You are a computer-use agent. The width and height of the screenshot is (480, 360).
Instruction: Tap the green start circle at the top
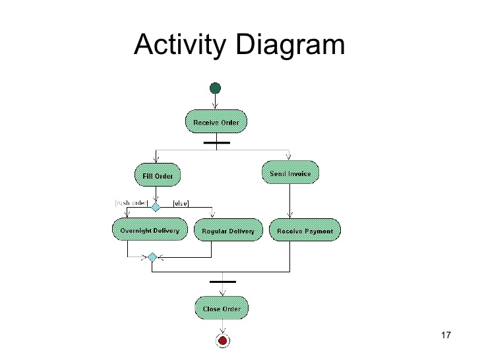coord(215,88)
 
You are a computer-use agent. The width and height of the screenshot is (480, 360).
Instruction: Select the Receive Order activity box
coord(216,122)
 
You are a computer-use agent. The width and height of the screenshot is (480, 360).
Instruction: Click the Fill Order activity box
coord(158,175)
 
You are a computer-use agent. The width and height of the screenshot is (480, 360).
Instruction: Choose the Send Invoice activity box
coord(291,173)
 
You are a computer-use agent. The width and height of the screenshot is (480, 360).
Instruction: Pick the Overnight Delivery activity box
coord(150,230)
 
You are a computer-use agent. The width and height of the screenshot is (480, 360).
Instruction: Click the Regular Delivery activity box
coord(228,230)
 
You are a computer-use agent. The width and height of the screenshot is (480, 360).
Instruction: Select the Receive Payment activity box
coord(305,230)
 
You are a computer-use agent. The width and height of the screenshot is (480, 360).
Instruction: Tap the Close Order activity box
coord(222,308)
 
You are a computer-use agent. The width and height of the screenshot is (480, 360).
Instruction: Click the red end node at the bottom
coord(223,340)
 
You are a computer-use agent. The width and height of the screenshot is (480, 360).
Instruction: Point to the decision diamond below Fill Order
coord(156,206)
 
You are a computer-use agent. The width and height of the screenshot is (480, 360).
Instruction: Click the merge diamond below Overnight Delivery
coord(152,256)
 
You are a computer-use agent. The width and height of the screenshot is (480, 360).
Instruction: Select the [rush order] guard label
coord(131,203)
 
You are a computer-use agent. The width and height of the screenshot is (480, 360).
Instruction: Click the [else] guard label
coord(181,203)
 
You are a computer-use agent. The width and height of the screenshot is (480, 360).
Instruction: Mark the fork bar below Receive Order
coord(216,142)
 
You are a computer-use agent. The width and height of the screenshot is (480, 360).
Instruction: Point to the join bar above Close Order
coord(222,282)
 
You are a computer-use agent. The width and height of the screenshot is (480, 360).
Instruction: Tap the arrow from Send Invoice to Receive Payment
coord(290,201)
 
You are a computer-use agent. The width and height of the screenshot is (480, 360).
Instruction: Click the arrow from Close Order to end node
coord(223,326)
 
